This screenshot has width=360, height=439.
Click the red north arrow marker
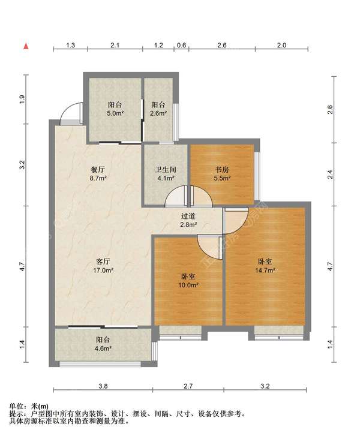coord(26,46)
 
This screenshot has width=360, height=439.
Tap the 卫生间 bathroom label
coord(166,169)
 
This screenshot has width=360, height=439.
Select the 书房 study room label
coord(222,169)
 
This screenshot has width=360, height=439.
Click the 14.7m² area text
coord(265,270)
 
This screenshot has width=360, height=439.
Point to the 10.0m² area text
coord(188,285)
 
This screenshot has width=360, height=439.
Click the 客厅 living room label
coord(103,261)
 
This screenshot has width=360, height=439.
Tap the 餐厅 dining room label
coord(98,169)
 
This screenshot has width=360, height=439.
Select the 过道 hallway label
coord(188,216)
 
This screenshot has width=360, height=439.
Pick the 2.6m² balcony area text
coord(159,113)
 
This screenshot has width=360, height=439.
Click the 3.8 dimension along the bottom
coord(103,386)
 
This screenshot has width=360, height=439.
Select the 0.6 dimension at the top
coord(182,45)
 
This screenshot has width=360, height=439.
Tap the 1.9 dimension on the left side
coord(22,100)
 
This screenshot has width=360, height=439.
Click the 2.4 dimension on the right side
coord(331,175)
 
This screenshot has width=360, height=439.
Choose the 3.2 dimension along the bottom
coord(265,386)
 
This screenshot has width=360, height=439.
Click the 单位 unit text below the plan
coord(16,405)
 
